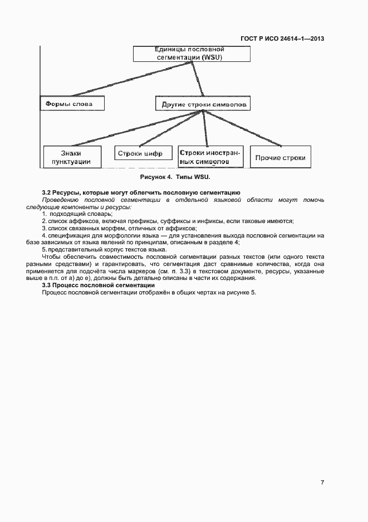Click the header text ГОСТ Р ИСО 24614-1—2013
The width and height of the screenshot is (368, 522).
click(x=282, y=38)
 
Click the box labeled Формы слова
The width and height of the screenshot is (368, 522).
click(x=72, y=104)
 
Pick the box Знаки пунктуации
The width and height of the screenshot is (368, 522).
click(x=72, y=157)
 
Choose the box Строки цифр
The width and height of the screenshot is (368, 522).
click(x=143, y=154)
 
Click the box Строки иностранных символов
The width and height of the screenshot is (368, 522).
click(x=209, y=156)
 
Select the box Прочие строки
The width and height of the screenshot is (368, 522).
click(x=280, y=158)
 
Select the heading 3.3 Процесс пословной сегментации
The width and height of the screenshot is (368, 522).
click(x=99, y=286)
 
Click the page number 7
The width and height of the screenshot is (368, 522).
click(x=322, y=482)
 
